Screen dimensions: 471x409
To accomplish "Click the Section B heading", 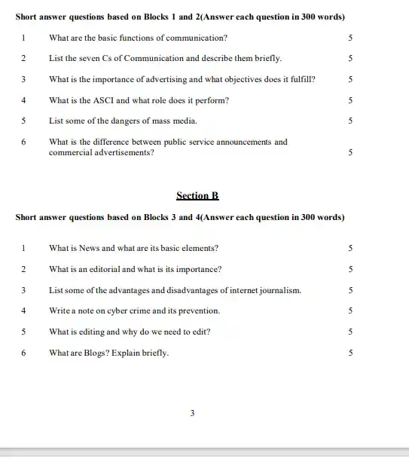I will click(197, 196).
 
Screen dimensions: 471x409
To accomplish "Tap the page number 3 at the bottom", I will click(193, 413).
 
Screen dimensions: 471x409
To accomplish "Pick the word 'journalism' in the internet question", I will click(281, 290).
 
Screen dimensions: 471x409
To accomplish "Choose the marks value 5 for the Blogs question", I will click(350, 353).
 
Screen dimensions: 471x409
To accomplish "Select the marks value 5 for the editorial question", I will click(350, 269).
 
